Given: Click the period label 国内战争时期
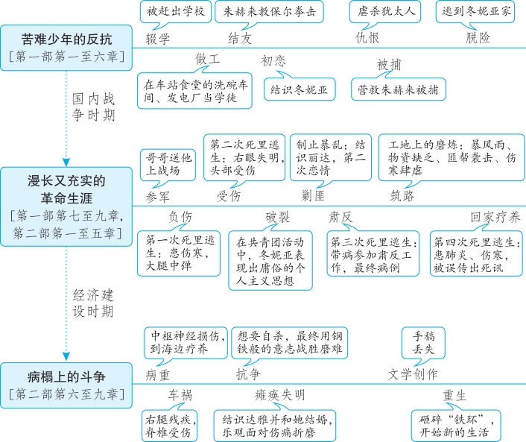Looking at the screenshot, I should pyautogui.click(x=93, y=107).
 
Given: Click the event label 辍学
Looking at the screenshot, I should pyautogui.click(x=158, y=37).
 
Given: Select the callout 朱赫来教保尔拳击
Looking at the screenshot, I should pyautogui.click(x=264, y=13).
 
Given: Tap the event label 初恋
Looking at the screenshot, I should pyautogui.click(x=273, y=61).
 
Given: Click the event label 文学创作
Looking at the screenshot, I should pyautogui.click(x=413, y=373).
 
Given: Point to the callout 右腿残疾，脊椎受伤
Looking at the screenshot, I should pyautogui.click(x=170, y=425).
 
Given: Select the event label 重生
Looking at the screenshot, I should pyautogui.click(x=454, y=396).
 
